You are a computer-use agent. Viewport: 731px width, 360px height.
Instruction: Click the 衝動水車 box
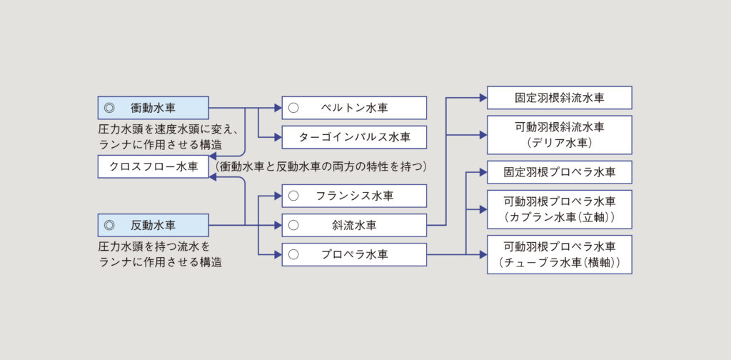coord(153,108)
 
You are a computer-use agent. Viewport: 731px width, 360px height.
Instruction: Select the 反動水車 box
coord(153,225)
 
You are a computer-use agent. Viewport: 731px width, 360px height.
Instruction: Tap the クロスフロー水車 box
coord(153,167)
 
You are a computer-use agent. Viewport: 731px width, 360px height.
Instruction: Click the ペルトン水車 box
coord(354,108)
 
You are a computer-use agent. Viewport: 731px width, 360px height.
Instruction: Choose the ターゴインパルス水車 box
coord(354,137)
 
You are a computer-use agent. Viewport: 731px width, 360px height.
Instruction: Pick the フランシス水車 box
coord(354,196)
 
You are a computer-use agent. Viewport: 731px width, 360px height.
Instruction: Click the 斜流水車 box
coord(354,225)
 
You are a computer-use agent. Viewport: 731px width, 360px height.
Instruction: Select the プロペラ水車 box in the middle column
coord(354,254)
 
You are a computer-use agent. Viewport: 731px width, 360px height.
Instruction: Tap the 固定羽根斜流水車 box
coord(559,98)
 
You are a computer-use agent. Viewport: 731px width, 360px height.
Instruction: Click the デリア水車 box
coord(559,135)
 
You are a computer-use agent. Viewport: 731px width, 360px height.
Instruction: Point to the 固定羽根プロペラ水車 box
coord(559,172)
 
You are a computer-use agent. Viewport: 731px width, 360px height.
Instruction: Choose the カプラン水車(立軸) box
coord(559,209)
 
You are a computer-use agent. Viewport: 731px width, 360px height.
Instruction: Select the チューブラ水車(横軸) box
coord(559,254)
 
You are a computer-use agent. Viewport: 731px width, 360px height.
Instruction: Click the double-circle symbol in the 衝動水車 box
coord(109,108)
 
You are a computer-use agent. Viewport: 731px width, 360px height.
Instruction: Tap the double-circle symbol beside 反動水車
coord(109,225)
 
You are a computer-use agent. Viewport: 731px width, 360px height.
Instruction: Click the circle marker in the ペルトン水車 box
coord(293,108)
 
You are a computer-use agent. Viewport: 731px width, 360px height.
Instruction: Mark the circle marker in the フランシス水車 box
coord(293,196)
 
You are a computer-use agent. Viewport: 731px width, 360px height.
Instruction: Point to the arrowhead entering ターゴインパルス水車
coord(278,137)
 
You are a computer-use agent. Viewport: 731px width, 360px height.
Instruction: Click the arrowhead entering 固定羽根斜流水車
coord(483,98)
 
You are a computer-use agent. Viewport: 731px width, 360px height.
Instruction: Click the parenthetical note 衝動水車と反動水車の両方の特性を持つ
coord(321,167)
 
